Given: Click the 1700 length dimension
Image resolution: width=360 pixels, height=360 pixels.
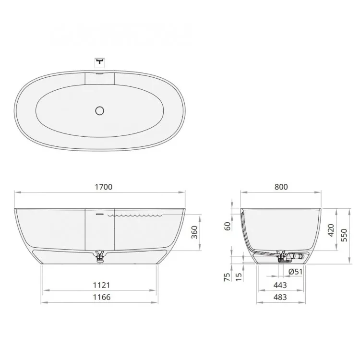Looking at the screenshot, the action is point(104,187).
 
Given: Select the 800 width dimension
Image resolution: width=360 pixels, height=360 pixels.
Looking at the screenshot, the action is point(281,187).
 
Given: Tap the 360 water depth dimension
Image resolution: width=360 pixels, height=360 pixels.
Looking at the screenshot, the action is point(194,232).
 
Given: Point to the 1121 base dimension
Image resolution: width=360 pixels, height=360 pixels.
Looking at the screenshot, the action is point(101,285).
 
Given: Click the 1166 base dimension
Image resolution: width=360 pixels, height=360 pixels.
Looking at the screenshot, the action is point(101,297).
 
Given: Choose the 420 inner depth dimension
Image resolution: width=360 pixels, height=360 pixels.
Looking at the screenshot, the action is point(331,230).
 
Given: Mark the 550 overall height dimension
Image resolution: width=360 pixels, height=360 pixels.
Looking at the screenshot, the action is point(344,235).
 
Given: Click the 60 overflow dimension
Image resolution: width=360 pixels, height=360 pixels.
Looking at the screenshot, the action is point(228,226).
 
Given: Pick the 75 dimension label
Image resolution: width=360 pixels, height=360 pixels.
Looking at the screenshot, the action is point(227,277).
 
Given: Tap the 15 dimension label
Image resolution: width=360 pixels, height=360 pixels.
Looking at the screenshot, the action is point(239,277).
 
